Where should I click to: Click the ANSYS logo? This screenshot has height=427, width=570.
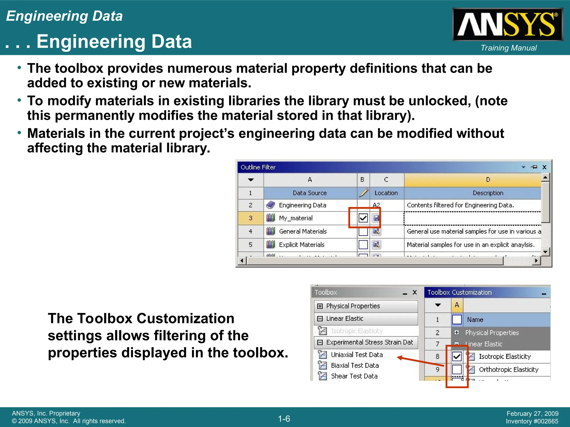click(508, 24)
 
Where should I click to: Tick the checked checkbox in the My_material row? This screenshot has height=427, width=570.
click(363, 218)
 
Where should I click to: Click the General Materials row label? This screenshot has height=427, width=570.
click(303, 231)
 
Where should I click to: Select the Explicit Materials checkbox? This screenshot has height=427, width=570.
click(363, 245)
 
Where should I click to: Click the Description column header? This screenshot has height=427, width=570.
click(488, 193)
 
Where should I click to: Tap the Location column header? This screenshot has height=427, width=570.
click(386, 193)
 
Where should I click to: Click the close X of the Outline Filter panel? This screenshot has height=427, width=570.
click(544, 167)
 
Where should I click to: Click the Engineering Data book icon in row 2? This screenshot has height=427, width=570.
click(271, 205)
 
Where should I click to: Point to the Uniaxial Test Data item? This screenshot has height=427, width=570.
click(357, 355)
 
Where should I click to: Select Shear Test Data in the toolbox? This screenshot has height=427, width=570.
click(354, 376)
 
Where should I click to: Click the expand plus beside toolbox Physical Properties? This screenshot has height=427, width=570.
click(320, 306)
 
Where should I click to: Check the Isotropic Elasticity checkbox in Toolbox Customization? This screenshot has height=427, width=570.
click(457, 356)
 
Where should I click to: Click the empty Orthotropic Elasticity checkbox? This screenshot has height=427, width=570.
click(457, 369)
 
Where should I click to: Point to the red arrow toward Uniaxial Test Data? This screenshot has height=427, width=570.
click(420, 361)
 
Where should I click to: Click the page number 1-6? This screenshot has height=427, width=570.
click(284, 419)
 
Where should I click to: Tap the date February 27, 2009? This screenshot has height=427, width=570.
click(532, 414)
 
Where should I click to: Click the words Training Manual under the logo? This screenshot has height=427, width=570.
click(508, 48)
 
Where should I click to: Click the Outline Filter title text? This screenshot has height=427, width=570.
click(258, 167)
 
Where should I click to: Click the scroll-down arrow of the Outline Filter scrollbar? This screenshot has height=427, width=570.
click(545, 252)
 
